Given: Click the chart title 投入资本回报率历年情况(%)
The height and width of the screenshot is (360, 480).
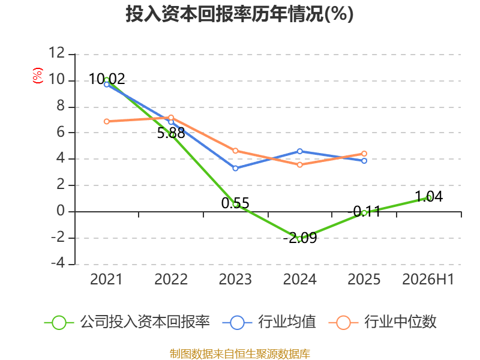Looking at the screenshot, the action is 239,14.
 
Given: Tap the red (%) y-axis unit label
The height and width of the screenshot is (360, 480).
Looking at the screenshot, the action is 38,76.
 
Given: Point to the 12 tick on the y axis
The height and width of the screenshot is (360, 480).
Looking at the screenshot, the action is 56,53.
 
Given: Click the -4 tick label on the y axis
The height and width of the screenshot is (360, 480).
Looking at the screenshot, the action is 58,263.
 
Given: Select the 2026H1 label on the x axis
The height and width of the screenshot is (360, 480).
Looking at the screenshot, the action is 428,280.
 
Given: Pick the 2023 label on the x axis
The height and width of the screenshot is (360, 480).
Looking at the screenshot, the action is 235,280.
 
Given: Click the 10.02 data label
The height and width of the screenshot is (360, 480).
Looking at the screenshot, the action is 107,79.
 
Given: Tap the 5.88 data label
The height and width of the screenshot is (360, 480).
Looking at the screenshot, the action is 171,133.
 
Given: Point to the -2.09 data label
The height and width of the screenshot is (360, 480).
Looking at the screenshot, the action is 300,238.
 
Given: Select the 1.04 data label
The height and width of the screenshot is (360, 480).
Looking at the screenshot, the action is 428,197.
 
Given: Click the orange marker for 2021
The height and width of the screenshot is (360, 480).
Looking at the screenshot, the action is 107,122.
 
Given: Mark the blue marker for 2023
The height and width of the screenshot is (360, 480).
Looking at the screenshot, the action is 235,169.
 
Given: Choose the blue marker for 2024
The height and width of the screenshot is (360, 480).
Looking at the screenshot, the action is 299,151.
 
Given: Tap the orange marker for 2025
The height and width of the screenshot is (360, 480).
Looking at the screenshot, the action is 364,154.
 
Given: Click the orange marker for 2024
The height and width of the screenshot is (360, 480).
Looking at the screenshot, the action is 299,164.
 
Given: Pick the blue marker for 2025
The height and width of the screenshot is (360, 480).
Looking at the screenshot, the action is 364,161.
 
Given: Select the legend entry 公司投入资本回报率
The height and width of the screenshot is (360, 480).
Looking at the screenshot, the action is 127,322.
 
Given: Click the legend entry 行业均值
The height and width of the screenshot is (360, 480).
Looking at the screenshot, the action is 269,322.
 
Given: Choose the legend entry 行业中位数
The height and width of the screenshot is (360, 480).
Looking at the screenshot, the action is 382,322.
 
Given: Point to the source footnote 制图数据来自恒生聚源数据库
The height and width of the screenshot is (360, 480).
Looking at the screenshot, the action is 240,354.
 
